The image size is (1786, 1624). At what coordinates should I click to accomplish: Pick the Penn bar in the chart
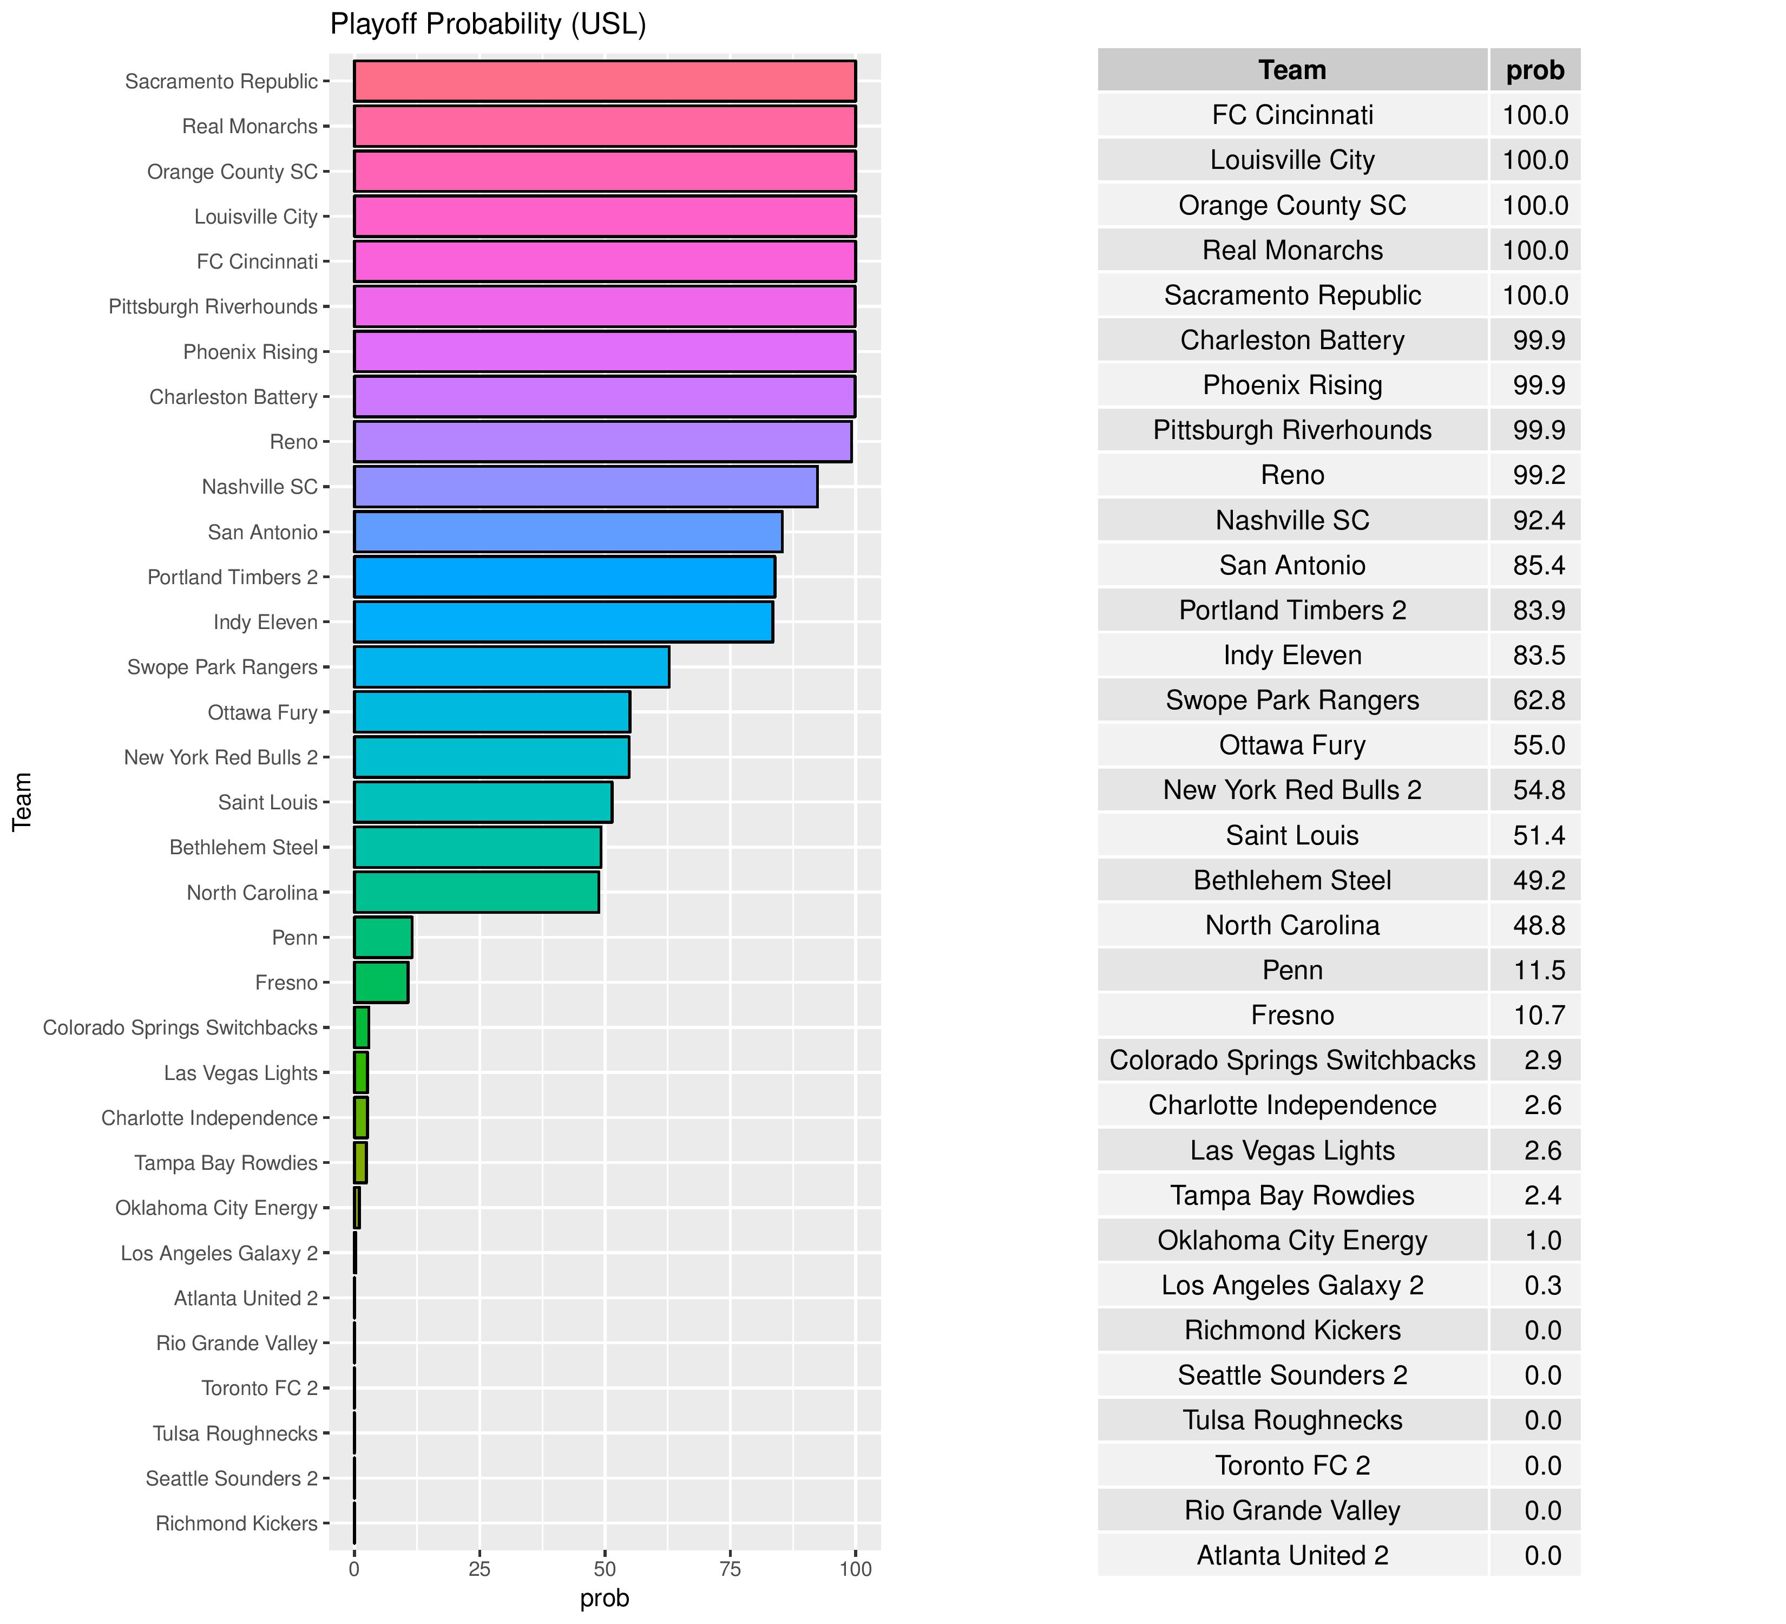[383, 938]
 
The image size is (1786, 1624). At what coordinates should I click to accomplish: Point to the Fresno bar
[381, 983]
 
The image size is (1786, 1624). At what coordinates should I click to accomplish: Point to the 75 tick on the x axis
[730, 1570]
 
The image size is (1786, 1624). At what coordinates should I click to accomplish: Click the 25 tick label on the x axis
[480, 1570]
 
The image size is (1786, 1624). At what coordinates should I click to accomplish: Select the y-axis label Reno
[293, 442]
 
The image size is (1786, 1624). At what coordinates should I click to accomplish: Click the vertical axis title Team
[22, 801]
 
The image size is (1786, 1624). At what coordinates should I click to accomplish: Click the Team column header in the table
[1292, 70]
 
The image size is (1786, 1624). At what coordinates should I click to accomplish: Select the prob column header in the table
[1535, 70]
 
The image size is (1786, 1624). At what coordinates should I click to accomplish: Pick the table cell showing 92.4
[1539, 520]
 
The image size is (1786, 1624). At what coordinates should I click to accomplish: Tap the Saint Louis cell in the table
[1292, 835]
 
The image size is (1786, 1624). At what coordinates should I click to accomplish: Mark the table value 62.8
[1539, 700]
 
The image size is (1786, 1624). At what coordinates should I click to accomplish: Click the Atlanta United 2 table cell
[1292, 1556]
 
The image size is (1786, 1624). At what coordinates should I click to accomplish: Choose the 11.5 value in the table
[1539, 970]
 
